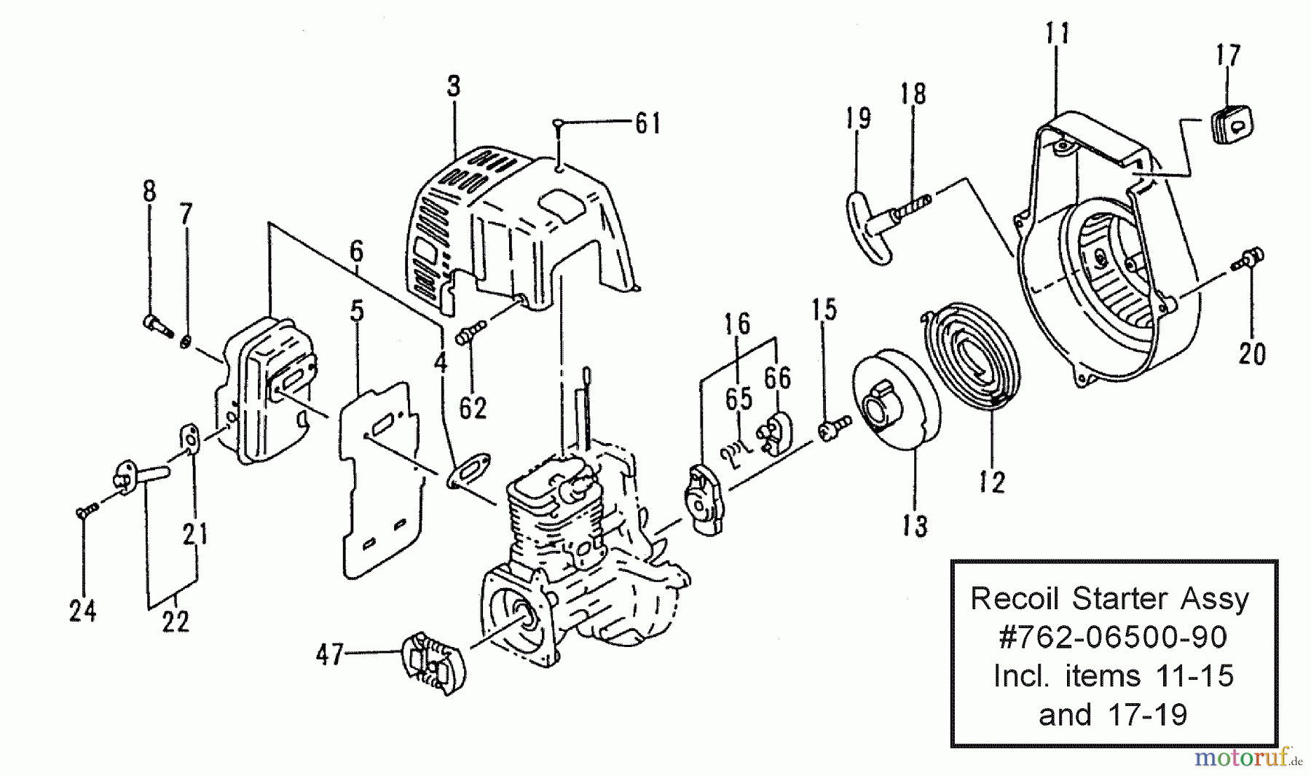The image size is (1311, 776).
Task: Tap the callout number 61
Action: coord(647,123)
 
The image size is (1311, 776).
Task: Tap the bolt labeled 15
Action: coord(834,427)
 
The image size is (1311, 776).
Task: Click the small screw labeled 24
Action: coord(84,512)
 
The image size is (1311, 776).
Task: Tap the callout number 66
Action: coord(777,377)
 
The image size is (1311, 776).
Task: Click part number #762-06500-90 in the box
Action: coord(1113,638)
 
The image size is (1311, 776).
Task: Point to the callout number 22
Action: coord(176,621)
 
